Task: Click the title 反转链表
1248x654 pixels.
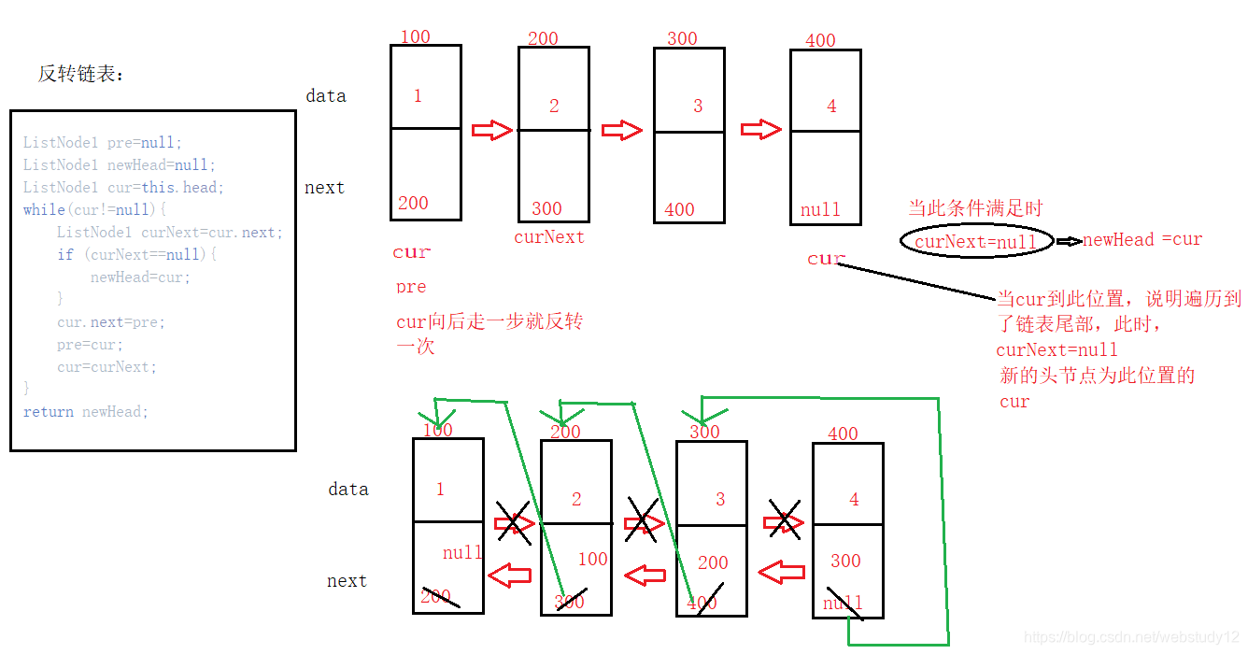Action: [80, 75]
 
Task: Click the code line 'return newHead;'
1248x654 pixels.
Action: [86, 412]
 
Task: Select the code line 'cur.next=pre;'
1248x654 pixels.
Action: [110, 322]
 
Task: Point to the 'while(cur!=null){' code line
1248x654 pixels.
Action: [94, 210]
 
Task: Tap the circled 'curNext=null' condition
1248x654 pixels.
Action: [976, 242]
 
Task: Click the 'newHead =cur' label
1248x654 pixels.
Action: [1142, 240]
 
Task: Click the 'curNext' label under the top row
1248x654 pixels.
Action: [549, 237]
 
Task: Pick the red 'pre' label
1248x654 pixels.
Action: [411, 287]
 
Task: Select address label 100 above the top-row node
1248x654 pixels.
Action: [415, 37]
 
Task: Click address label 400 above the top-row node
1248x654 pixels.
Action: [820, 41]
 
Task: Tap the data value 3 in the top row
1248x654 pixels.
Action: [698, 107]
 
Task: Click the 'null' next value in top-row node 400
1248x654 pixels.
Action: [820, 210]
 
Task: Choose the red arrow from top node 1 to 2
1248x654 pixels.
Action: [491, 130]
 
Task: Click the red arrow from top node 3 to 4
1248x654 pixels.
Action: [760, 130]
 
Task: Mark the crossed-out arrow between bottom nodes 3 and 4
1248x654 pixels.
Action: [784, 522]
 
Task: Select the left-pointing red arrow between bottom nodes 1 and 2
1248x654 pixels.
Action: [510, 576]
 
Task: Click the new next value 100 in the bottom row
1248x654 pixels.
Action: [592, 560]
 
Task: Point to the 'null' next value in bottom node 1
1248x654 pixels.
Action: [461, 553]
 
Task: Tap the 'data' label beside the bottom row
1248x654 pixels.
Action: [348, 490]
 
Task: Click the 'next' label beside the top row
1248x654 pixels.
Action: [324, 188]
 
